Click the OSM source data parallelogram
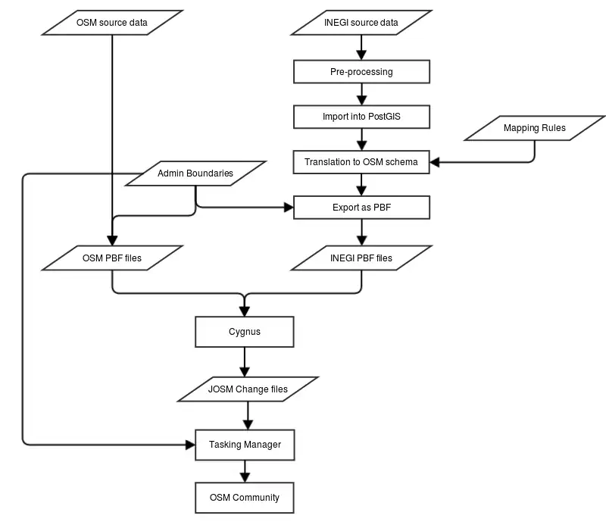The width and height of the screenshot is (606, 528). [x=112, y=22]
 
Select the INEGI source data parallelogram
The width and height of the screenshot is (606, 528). [x=361, y=22]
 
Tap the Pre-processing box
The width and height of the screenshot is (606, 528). [x=361, y=72]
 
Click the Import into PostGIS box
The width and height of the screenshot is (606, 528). [x=361, y=117]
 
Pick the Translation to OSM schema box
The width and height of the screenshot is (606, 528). [x=361, y=162]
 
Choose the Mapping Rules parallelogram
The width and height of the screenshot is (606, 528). [x=534, y=128]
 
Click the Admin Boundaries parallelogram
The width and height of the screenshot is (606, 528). [x=195, y=173]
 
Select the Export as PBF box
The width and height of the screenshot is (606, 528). [x=361, y=207]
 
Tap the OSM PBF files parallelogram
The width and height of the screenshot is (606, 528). [x=112, y=258]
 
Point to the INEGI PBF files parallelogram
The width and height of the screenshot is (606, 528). [x=361, y=258]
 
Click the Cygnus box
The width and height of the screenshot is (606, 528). [x=244, y=332]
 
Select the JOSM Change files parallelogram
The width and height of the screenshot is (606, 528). [x=248, y=389]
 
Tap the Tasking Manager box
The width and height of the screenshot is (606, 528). [x=244, y=445]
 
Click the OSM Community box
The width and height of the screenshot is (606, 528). [x=244, y=498]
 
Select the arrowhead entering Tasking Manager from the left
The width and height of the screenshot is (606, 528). [x=189, y=445]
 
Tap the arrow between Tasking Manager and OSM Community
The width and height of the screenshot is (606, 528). [x=244, y=471]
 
